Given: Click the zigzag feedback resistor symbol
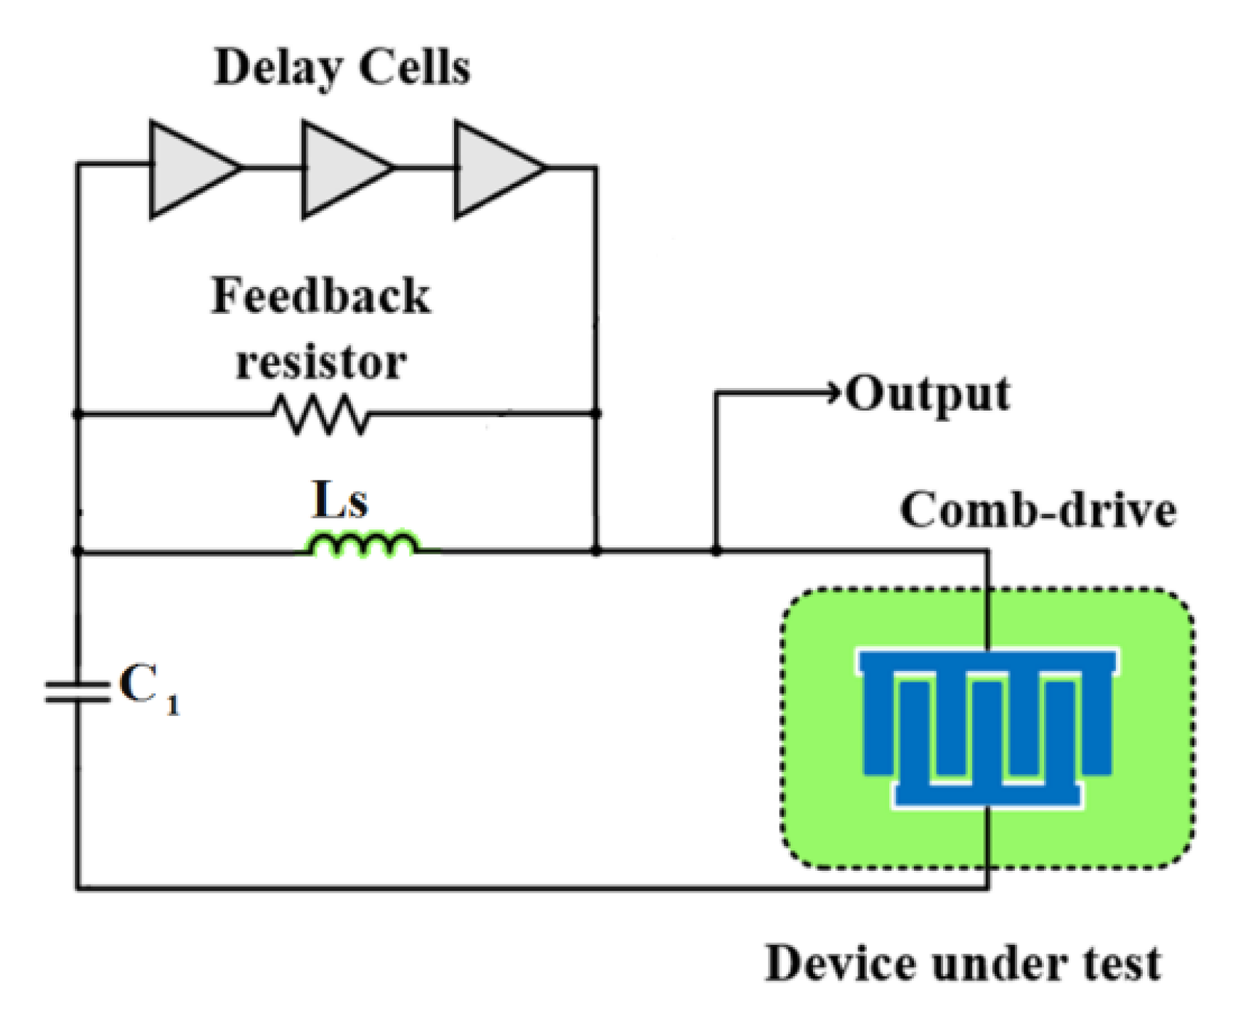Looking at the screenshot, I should pos(321,415).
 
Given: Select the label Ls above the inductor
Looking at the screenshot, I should pos(340,500).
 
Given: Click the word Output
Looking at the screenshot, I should pos(928,395).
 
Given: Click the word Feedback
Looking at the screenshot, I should pos(321,297).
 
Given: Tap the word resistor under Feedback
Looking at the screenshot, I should pos(321,361).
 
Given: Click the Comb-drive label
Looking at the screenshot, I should pos(1038,510).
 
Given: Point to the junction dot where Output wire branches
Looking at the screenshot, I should pos(716,552).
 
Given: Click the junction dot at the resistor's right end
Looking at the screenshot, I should pos(596,414).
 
